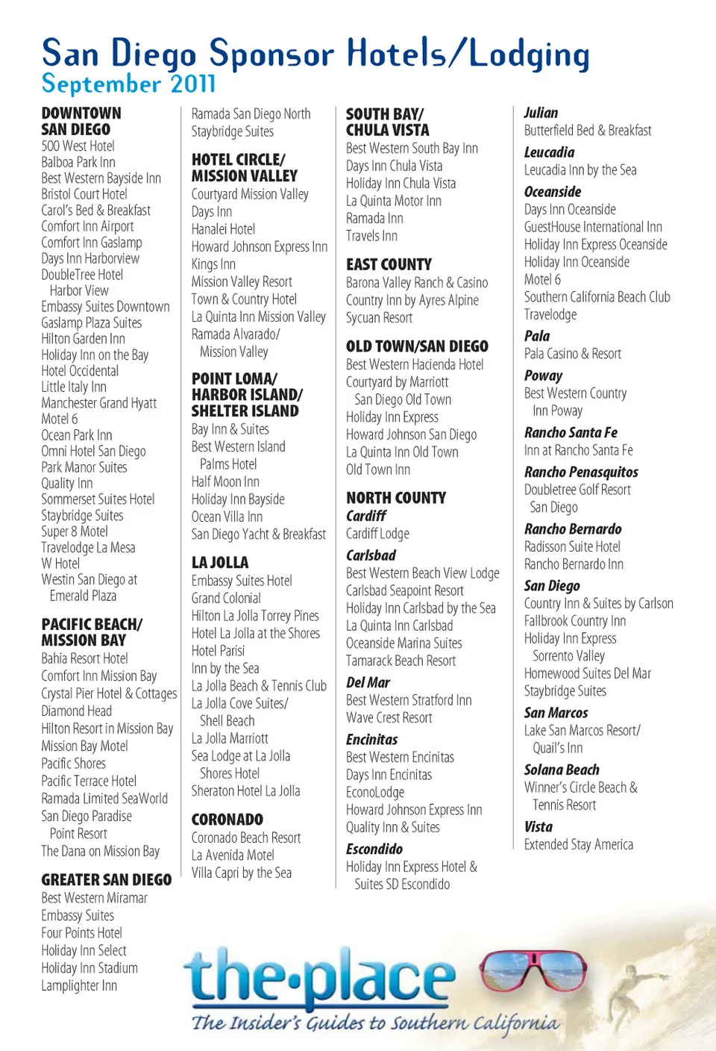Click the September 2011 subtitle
pyautogui.click(x=128, y=84)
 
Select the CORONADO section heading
pyautogui.click(x=227, y=820)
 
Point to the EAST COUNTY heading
pyautogui.click(x=389, y=264)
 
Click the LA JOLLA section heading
pyautogui.click(x=219, y=563)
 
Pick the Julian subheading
pyautogui.click(x=541, y=113)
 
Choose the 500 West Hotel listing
pyautogui.click(x=78, y=146)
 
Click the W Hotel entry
pyautogui.click(x=60, y=564)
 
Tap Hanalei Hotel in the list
pyautogui.click(x=223, y=229)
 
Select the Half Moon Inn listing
pyautogui.click(x=225, y=482)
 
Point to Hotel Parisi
pyautogui.click(x=218, y=651)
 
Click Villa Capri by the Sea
pyautogui.click(x=241, y=873)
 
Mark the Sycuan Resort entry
pyautogui.click(x=379, y=318)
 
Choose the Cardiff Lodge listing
pyautogui.click(x=377, y=534)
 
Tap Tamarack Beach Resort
pyautogui.click(x=401, y=661)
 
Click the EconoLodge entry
pyautogui.click(x=374, y=792)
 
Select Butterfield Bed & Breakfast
pyautogui.click(x=587, y=131)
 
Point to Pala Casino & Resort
pyautogui.click(x=572, y=354)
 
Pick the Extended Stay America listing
pyautogui.click(x=578, y=845)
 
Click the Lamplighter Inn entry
pyautogui.click(x=79, y=986)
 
